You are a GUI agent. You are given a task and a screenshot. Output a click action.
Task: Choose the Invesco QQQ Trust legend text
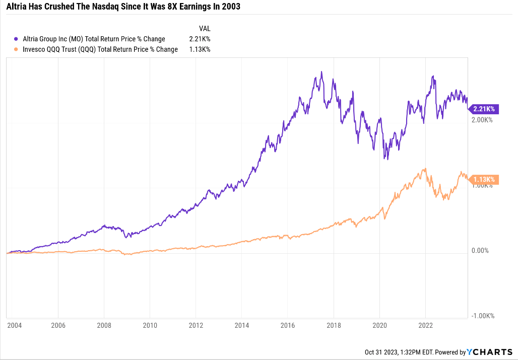point(100,49)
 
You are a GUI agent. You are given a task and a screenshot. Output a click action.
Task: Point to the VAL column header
point(205,29)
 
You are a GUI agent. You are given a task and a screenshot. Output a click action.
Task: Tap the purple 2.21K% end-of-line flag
point(483,108)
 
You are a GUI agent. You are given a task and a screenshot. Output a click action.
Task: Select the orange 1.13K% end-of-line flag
point(483,179)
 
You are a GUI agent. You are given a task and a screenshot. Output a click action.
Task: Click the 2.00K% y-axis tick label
point(482,120)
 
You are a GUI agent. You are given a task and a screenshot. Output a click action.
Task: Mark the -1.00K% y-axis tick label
point(483,316)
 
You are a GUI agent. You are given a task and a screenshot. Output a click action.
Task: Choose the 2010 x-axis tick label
point(151,325)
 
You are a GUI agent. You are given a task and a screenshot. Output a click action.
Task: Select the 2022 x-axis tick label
point(426,325)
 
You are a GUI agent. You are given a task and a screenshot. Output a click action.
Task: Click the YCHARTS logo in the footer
point(489,352)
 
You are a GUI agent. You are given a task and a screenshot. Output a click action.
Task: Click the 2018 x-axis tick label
point(334,325)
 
